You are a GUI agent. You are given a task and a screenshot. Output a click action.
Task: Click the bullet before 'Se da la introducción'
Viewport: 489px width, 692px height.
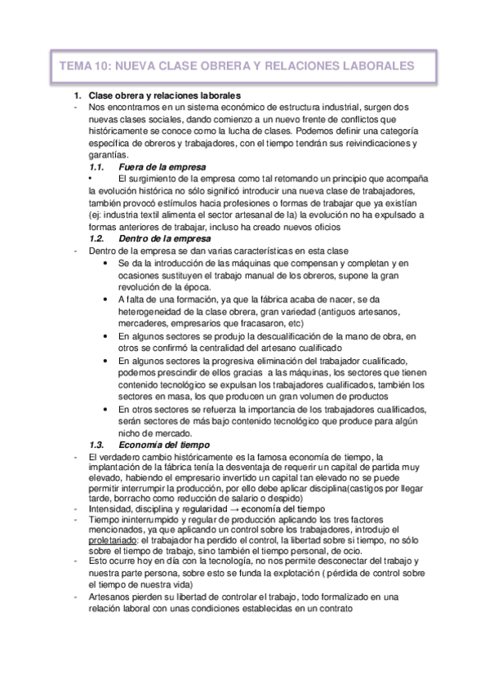[x=108, y=264]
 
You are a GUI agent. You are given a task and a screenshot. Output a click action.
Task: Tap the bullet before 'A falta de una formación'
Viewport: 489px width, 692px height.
[x=108, y=299]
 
